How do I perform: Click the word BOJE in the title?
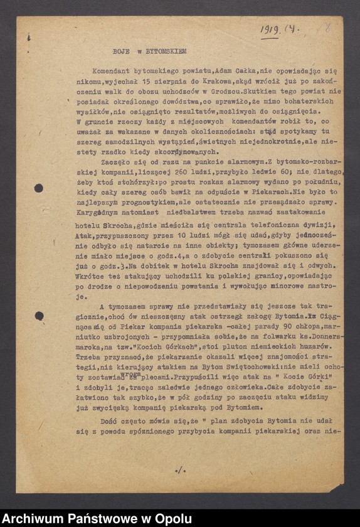(x=121, y=51)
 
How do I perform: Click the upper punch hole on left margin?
(x=39, y=188)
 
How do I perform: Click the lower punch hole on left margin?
(x=39, y=316)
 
